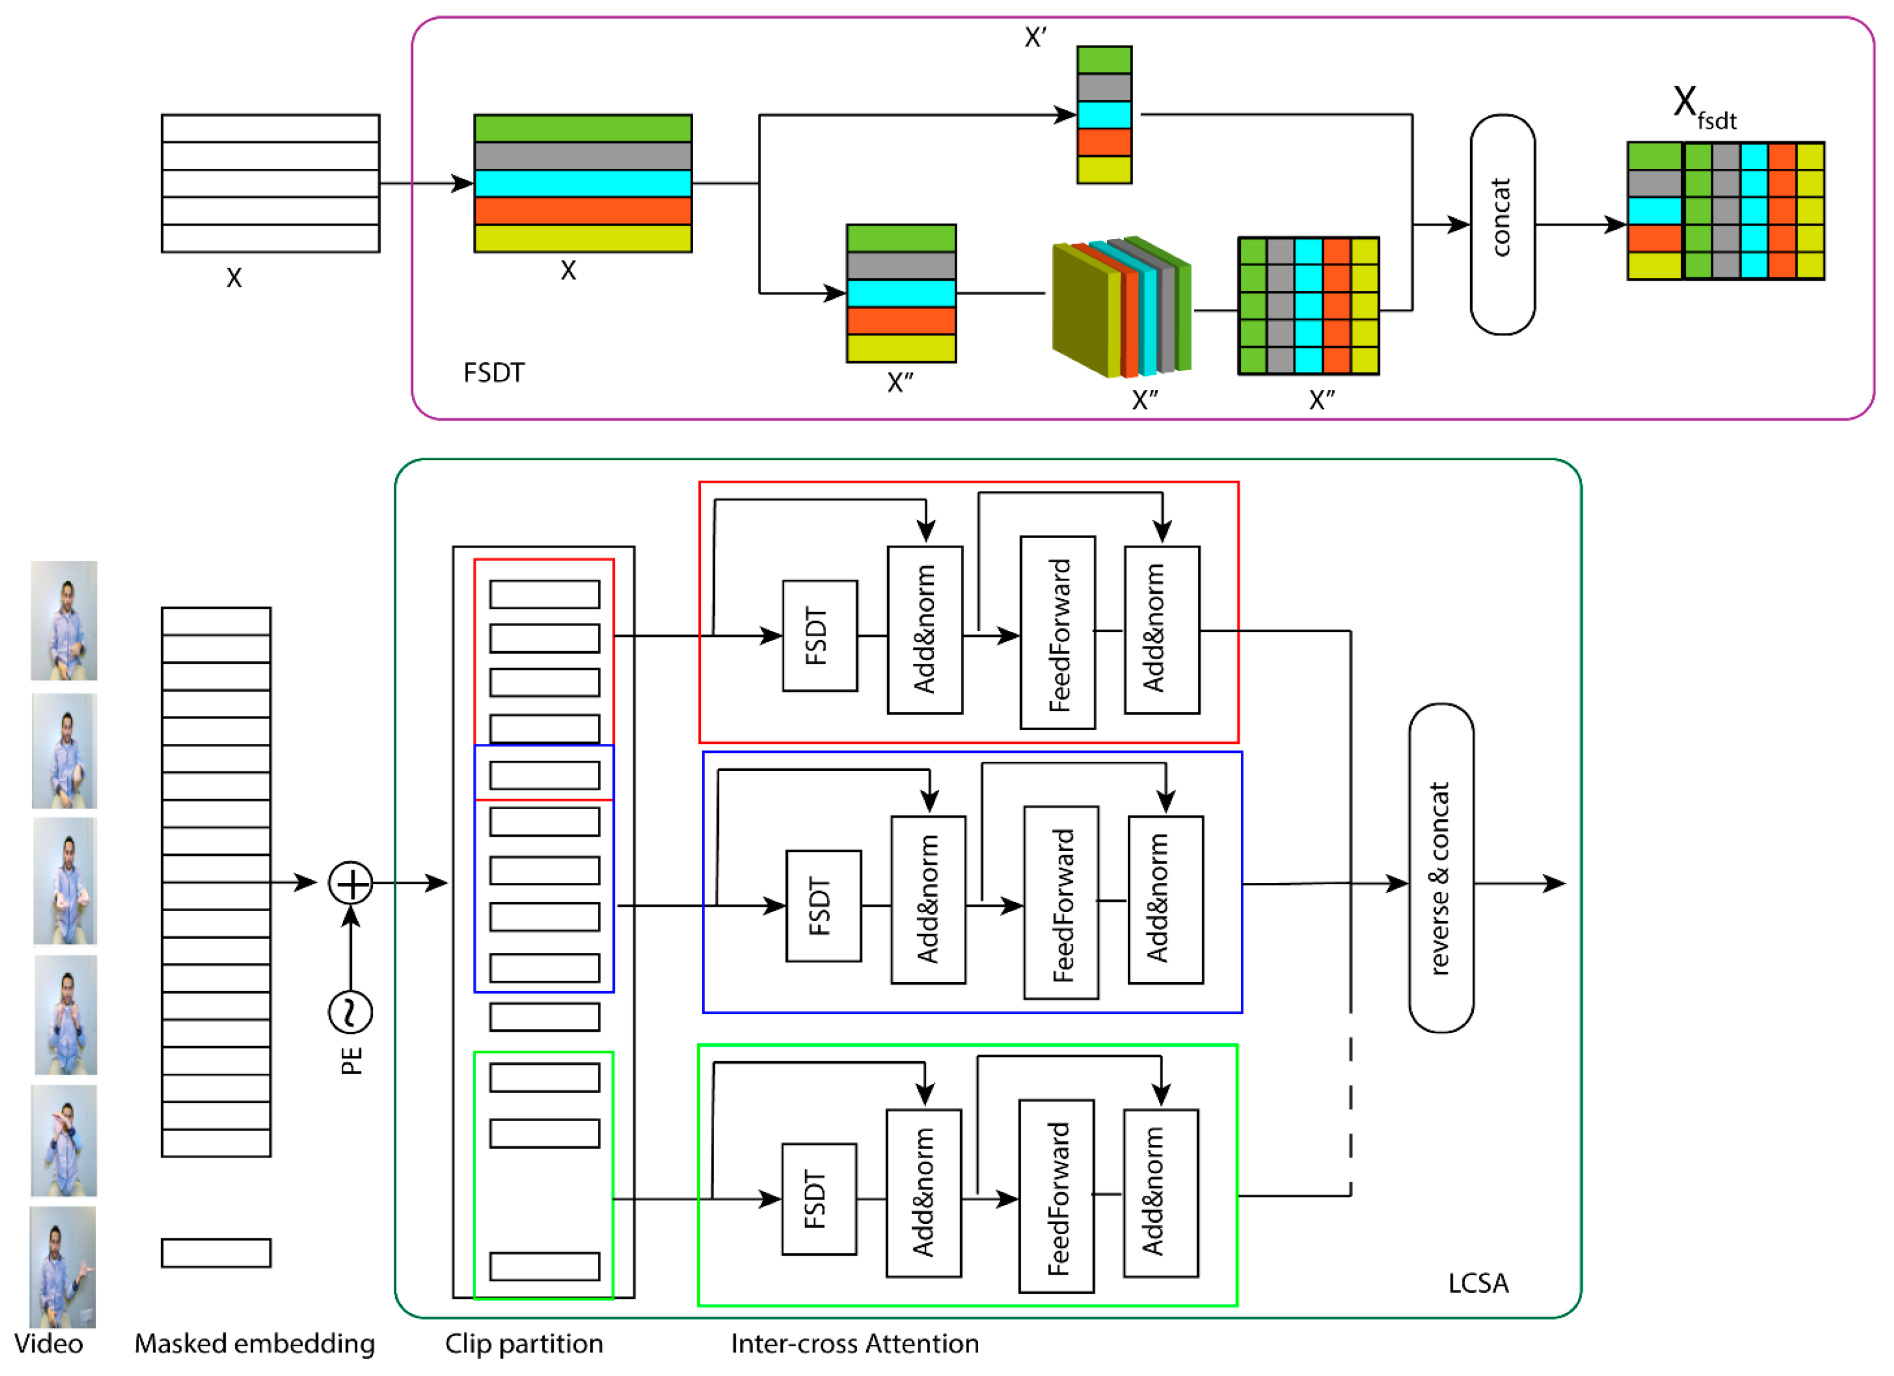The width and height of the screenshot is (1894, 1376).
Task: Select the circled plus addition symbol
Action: point(350,883)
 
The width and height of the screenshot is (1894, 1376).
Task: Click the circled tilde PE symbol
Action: point(350,1013)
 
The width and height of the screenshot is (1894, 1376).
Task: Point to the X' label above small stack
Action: point(1034,38)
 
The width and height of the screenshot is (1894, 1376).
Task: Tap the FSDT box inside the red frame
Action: point(819,636)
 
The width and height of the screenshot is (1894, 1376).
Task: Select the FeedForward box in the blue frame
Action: point(1061,903)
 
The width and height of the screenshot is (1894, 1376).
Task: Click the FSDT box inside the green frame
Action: point(818,1199)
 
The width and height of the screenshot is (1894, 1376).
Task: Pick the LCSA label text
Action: point(1477,1283)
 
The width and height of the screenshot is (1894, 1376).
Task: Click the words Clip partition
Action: point(524,1344)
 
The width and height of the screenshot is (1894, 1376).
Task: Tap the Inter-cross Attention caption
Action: point(854,1344)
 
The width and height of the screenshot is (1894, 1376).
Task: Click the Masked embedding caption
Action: point(254,1344)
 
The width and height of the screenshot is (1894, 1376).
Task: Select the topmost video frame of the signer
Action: point(64,621)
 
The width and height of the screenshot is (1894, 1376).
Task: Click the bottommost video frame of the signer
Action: point(63,1266)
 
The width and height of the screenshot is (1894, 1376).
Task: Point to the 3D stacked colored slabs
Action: point(1121,306)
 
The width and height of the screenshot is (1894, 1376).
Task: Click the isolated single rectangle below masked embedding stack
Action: point(215,1253)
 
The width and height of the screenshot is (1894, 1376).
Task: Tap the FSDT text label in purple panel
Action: point(493,372)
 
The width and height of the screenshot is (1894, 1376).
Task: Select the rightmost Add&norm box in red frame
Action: point(1162,630)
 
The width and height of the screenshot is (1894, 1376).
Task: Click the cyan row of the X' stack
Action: point(1104,114)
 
